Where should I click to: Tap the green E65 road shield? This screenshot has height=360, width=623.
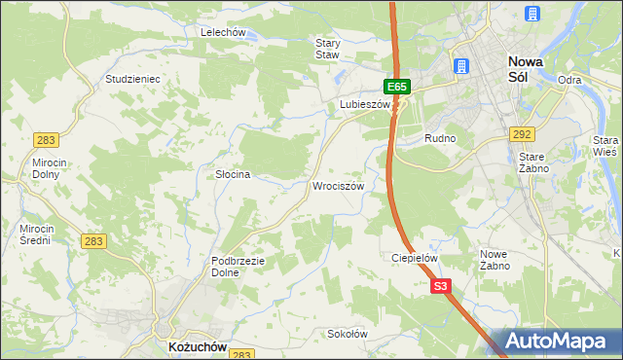coord(401,86)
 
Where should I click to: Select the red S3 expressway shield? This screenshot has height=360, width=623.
coord(441,286)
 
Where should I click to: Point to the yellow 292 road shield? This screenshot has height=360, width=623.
coord(523,134)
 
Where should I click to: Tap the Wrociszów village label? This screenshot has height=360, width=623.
coord(338,186)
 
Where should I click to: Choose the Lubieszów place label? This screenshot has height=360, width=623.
coord(364,104)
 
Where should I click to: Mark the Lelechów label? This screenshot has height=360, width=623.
coord(221,32)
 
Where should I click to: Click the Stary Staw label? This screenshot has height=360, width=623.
coord(328,49)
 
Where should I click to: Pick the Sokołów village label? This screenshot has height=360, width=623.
coord(347,333)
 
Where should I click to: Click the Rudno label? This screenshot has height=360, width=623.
coord(440,138)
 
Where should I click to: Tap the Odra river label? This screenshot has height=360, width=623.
coord(569,80)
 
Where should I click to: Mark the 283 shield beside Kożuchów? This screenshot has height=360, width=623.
coord(242,355)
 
